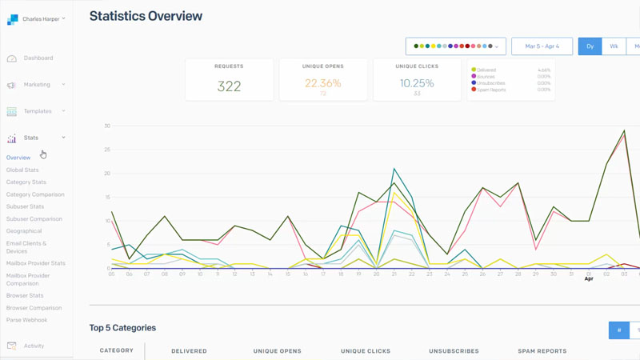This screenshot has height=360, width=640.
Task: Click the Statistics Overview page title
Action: (x=146, y=16)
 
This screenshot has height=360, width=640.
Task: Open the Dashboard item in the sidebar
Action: (x=38, y=58)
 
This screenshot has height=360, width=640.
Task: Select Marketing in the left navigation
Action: (x=37, y=85)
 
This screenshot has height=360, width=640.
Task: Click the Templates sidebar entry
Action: (x=38, y=111)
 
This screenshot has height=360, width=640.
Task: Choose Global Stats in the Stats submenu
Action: (x=22, y=170)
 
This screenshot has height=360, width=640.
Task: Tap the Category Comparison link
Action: (x=35, y=194)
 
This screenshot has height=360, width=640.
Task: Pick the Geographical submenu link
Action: (x=24, y=231)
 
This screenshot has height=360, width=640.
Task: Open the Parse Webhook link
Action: (x=26, y=320)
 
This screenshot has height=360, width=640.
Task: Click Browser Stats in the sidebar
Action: (x=25, y=295)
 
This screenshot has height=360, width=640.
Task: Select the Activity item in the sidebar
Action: (x=34, y=346)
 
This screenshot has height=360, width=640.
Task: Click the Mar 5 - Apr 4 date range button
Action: (x=542, y=46)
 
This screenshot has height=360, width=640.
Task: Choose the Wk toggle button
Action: (x=614, y=46)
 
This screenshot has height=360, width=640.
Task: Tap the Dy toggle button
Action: (x=590, y=46)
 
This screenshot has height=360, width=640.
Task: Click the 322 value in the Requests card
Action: (x=229, y=86)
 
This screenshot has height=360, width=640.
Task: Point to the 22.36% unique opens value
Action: (x=323, y=83)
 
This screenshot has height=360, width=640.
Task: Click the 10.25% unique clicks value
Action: (x=417, y=83)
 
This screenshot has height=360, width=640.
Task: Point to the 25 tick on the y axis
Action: (x=106, y=150)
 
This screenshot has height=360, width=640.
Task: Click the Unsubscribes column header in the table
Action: (x=454, y=351)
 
